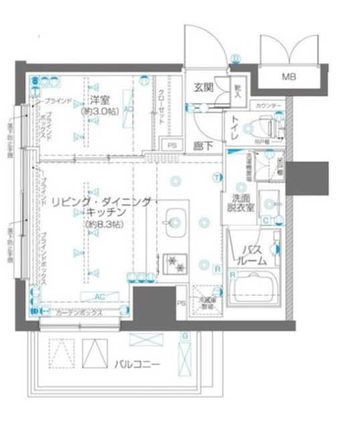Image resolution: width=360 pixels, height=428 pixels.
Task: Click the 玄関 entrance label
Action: pyautogui.click(x=203, y=86)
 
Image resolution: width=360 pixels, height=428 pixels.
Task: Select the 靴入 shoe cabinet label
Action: pyautogui.click(x=238, y=88)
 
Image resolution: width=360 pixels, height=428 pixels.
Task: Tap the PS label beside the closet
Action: pyautogui.click(x=172, y=145)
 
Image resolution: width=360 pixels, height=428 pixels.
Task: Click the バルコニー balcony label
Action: pyautogui.click(x=136, y=364)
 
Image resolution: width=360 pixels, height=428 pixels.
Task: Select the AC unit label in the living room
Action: pyautogui.click(x=98, y=296)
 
